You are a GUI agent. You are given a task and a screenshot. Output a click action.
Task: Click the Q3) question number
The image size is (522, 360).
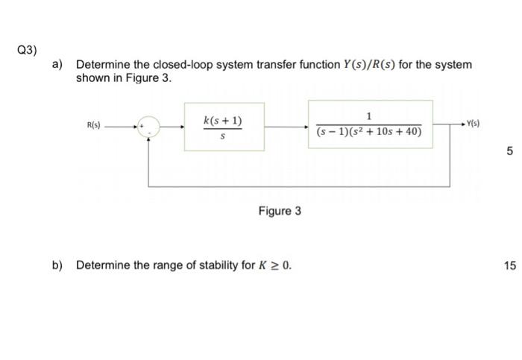tap(26, 50)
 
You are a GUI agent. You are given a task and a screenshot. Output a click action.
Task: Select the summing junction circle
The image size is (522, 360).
tap(149, 127)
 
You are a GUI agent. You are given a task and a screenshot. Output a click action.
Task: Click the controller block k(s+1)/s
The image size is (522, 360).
tap(222, 127)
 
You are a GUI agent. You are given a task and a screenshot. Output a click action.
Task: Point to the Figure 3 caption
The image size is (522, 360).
tap(280, 211)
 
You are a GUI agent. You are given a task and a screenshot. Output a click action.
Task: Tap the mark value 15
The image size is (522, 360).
tap(509, 265)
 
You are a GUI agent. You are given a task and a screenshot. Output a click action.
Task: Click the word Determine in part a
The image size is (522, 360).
tap(101, 65)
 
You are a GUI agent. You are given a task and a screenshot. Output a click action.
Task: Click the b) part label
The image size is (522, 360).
tap(57, 265)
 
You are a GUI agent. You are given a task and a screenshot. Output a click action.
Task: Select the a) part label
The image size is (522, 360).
tap(57, 65)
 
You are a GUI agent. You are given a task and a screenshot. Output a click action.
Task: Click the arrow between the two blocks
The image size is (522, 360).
tap(283, 127)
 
